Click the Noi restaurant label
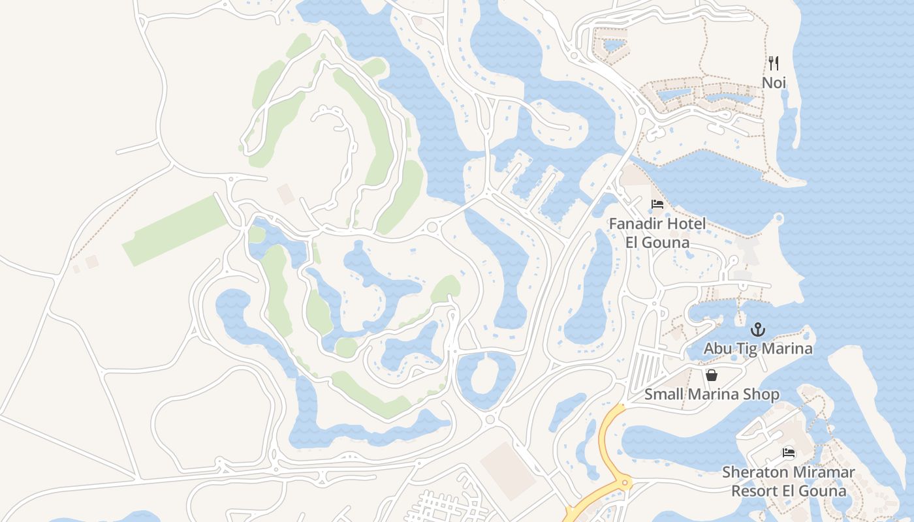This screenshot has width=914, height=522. click(x=774, y=83)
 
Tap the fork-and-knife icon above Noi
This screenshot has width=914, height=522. click(x=774, y=63)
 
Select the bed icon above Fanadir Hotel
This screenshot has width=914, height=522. click(x=657, y=204)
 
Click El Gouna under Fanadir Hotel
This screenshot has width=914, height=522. click(x=657, y=243)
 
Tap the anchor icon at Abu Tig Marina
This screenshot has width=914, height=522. click(x=757, y=329)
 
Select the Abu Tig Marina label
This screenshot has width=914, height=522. click(x=758, y=348)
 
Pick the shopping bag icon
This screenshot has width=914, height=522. click(x=712, y=375)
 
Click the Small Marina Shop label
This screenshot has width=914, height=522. click(x=712, y=395)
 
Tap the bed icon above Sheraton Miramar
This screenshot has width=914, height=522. click(x=789, y=453)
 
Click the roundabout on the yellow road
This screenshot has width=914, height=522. click(x=625, y=483)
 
